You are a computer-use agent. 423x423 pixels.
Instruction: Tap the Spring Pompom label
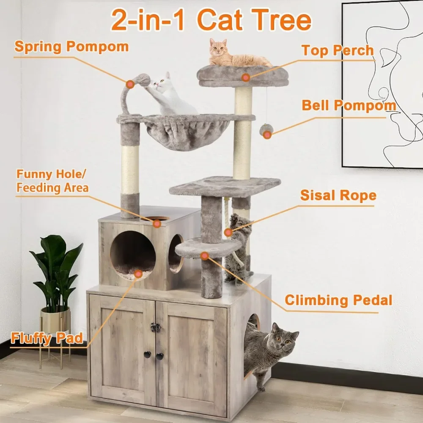[71, 47]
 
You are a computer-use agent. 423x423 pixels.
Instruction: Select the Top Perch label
[338, 50]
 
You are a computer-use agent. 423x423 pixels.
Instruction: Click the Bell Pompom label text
[349, 105]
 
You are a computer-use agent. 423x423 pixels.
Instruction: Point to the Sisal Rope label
[338, 195]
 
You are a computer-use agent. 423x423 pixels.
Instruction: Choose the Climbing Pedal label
[338, 300]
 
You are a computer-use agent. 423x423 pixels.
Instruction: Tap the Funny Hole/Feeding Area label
[52, 181]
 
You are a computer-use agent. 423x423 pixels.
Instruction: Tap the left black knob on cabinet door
[147, 355]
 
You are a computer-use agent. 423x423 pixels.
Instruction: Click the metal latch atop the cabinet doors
[155, 327]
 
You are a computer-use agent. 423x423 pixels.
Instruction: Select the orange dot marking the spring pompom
[130, 84]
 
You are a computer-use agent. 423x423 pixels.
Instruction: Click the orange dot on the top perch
[245, 77]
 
